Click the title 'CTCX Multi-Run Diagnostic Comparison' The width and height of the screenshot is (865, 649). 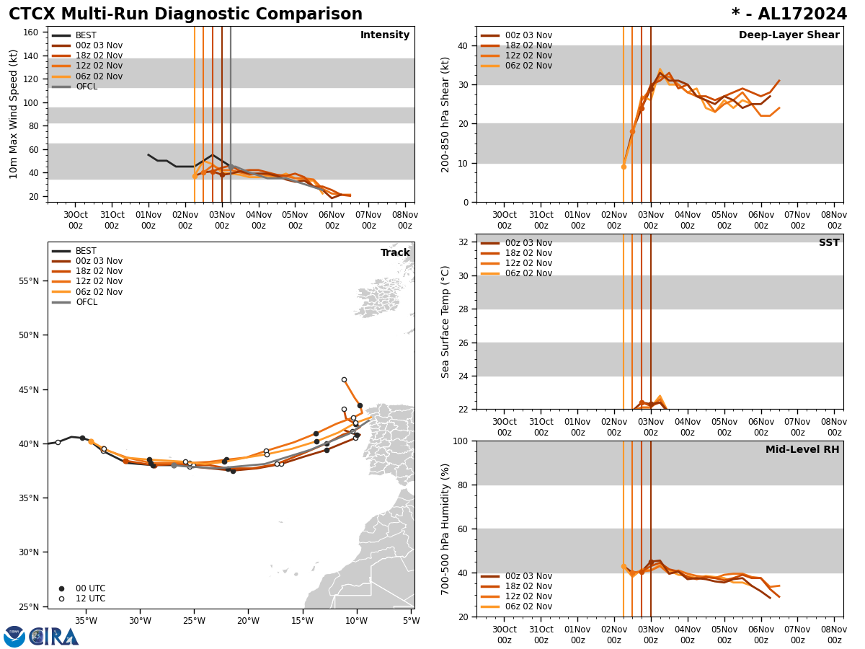click(x=185, y=14)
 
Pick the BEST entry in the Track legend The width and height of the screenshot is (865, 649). click(x=86, y=251)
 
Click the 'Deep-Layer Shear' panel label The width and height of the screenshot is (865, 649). click(x=789, y=35)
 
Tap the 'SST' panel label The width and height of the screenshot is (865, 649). click(x=828, y=243)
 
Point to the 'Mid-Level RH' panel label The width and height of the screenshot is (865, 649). click(x=802, y=450)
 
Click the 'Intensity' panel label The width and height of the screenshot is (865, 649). click(x=384, y=35)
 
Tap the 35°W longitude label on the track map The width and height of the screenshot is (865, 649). click(x=86, y=620)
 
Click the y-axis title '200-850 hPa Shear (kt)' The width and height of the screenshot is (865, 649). click(x=445, y=114)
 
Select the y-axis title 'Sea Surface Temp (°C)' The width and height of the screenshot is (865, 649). click(x=445, y=322)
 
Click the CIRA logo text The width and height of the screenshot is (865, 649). click(x=53, y=637)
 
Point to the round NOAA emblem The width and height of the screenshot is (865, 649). click(x=14, y=637)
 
